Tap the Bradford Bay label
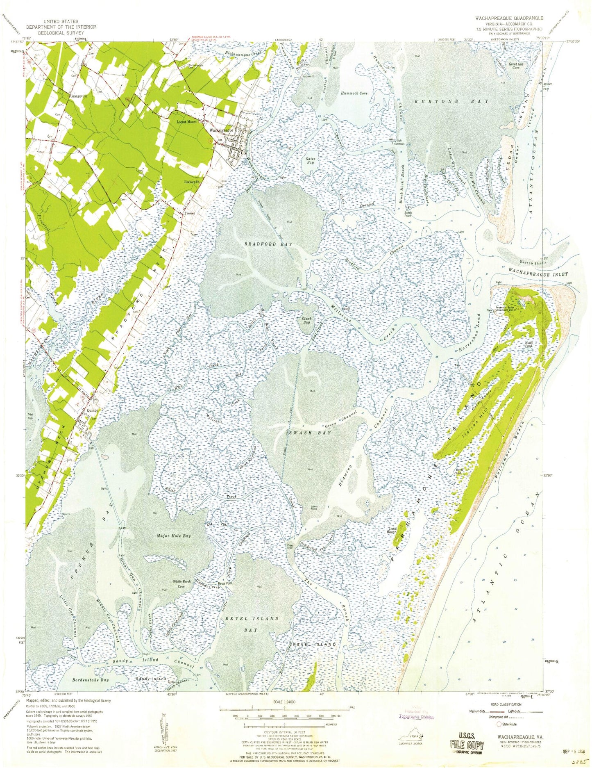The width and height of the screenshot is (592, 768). click(268, 244)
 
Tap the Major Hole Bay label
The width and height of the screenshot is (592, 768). click(174, 536)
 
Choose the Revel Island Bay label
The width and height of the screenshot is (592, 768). click(254, 624)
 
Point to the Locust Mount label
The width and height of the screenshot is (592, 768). click(186, 122)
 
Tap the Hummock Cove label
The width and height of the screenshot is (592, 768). click(354, 93)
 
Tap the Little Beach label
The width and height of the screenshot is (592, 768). click(392, 530)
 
